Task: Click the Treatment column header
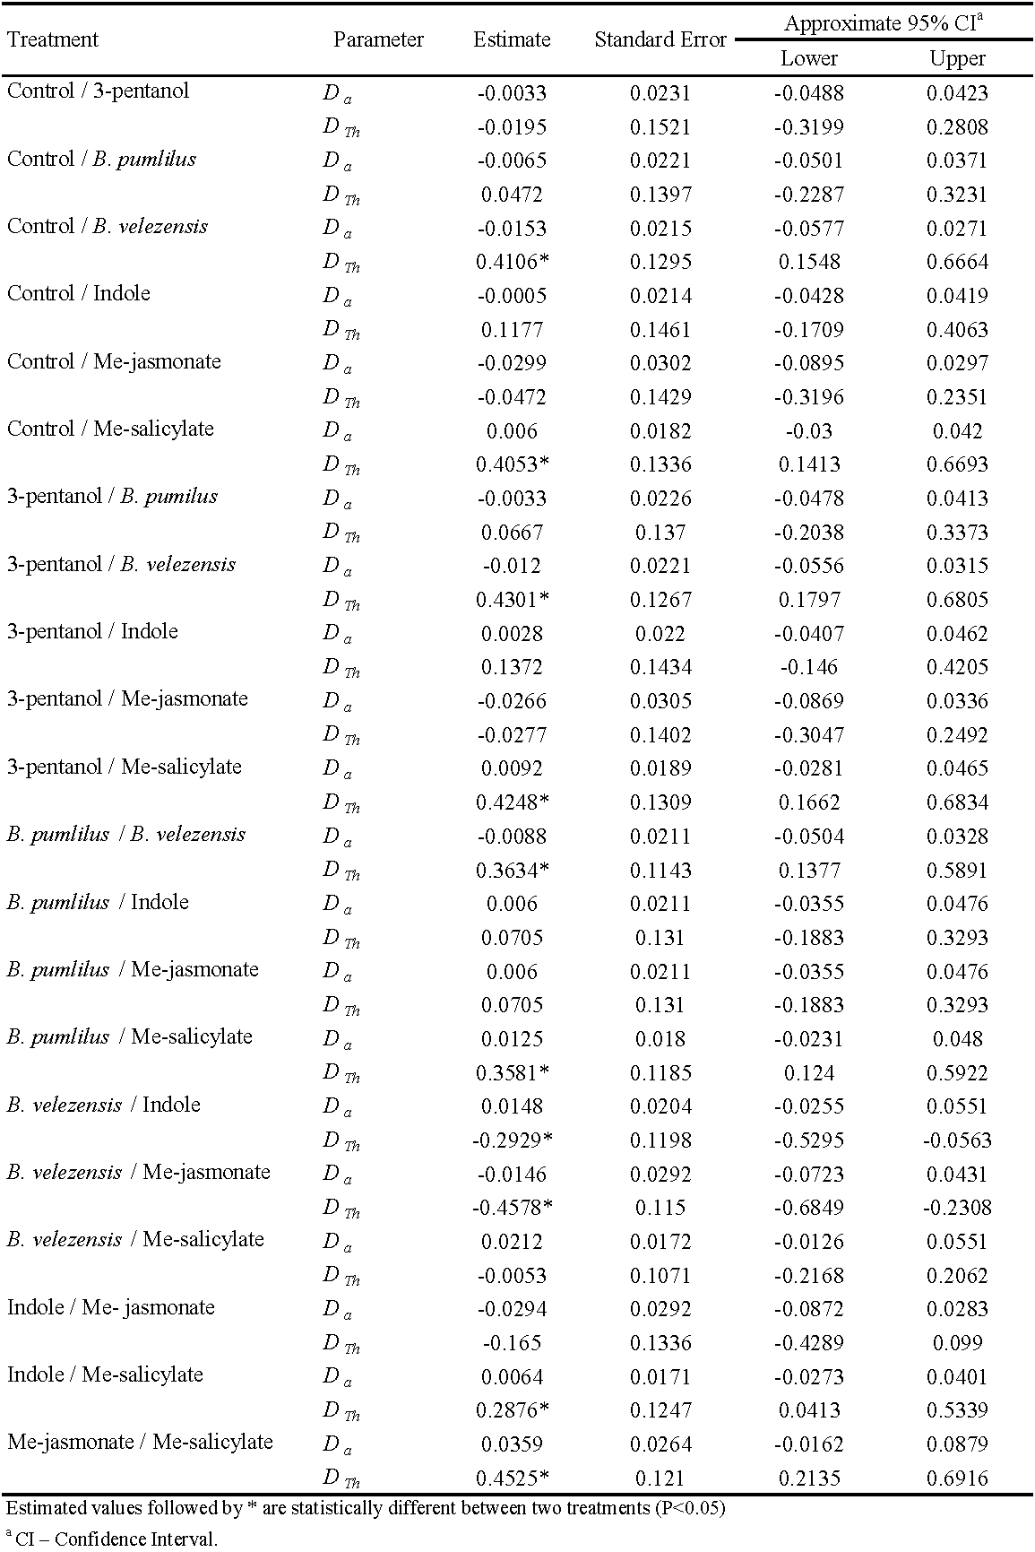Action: pos(53,39)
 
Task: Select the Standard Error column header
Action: pos(660,39)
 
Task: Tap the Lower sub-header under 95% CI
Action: pos(809,59)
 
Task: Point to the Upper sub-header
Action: pos(957,59)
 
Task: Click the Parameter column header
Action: pos(378,39)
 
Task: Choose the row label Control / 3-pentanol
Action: pos(99,91)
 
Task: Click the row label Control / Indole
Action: pos(79,294)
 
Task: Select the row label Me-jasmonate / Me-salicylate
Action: pos(140,1443)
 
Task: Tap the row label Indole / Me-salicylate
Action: pos(105,1375)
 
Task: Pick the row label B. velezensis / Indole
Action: pos(104,1105)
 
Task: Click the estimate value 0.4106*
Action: pos(513,262)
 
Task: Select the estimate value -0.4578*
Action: pos(513,1208)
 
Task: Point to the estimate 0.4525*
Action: pos(513,1478)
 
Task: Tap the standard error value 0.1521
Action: pos(660,127)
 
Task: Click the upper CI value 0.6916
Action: pos(957,1478)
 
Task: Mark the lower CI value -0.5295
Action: pos(809,1140)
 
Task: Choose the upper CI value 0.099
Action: pos(957,1343)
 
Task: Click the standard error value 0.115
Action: pos(660,1208)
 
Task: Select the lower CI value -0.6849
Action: pos(809,1208)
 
